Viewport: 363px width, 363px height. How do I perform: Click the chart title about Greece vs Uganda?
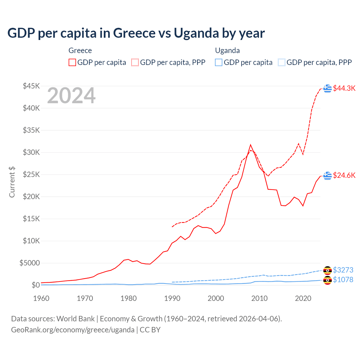point(136,33)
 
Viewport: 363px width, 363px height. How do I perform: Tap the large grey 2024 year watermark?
point(71,96)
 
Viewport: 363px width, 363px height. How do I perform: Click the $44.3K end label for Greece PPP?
point(344,88)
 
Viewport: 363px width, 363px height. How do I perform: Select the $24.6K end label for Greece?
point(344,175)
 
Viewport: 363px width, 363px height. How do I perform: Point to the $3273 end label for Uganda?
point(343,270)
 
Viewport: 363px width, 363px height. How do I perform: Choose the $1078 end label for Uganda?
point(343,280)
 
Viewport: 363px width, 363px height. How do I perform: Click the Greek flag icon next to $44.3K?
point(328,88)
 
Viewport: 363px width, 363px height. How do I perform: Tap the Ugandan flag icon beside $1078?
point(328,280)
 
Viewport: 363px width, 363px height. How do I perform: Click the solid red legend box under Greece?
point(72,62)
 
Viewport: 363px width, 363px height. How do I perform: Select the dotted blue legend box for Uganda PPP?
point(281,62)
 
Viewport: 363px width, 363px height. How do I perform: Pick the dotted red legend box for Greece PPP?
point(135,62)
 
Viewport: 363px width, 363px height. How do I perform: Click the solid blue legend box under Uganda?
point(219,62)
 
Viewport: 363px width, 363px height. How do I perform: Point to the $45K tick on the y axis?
point(31,86)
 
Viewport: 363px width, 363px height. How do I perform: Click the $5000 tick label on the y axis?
point(29,263)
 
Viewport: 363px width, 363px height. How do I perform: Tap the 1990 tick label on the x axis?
point(172,298)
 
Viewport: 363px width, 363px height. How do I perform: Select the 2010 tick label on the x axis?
point(259,298)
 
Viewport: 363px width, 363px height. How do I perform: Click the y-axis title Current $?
point(12,182)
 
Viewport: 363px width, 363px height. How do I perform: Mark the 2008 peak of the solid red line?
point(250,145)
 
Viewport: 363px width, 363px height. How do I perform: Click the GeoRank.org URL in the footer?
point(73,330)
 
